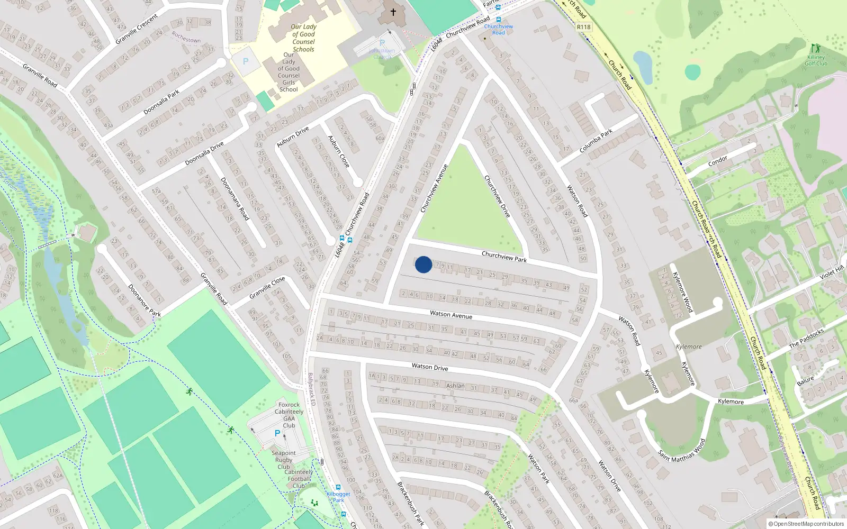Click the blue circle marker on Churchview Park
[423, 264]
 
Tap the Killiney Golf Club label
[816, 60]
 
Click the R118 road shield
[583, 27]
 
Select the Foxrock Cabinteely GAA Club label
[289, 415]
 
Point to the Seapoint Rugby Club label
[284, 459]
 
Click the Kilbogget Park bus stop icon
[338, 487]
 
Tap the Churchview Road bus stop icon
[499, 20]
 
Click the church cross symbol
[393, 12]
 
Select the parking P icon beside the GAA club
[277, 433]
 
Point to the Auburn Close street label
[338, 151]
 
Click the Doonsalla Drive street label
[204, 153]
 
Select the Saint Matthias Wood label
[682, 450]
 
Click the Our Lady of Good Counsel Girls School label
[289, 72]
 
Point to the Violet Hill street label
[832, 273]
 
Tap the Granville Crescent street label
[137, 29]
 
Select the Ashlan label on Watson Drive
[455, 386]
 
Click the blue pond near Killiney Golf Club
[643, 66]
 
